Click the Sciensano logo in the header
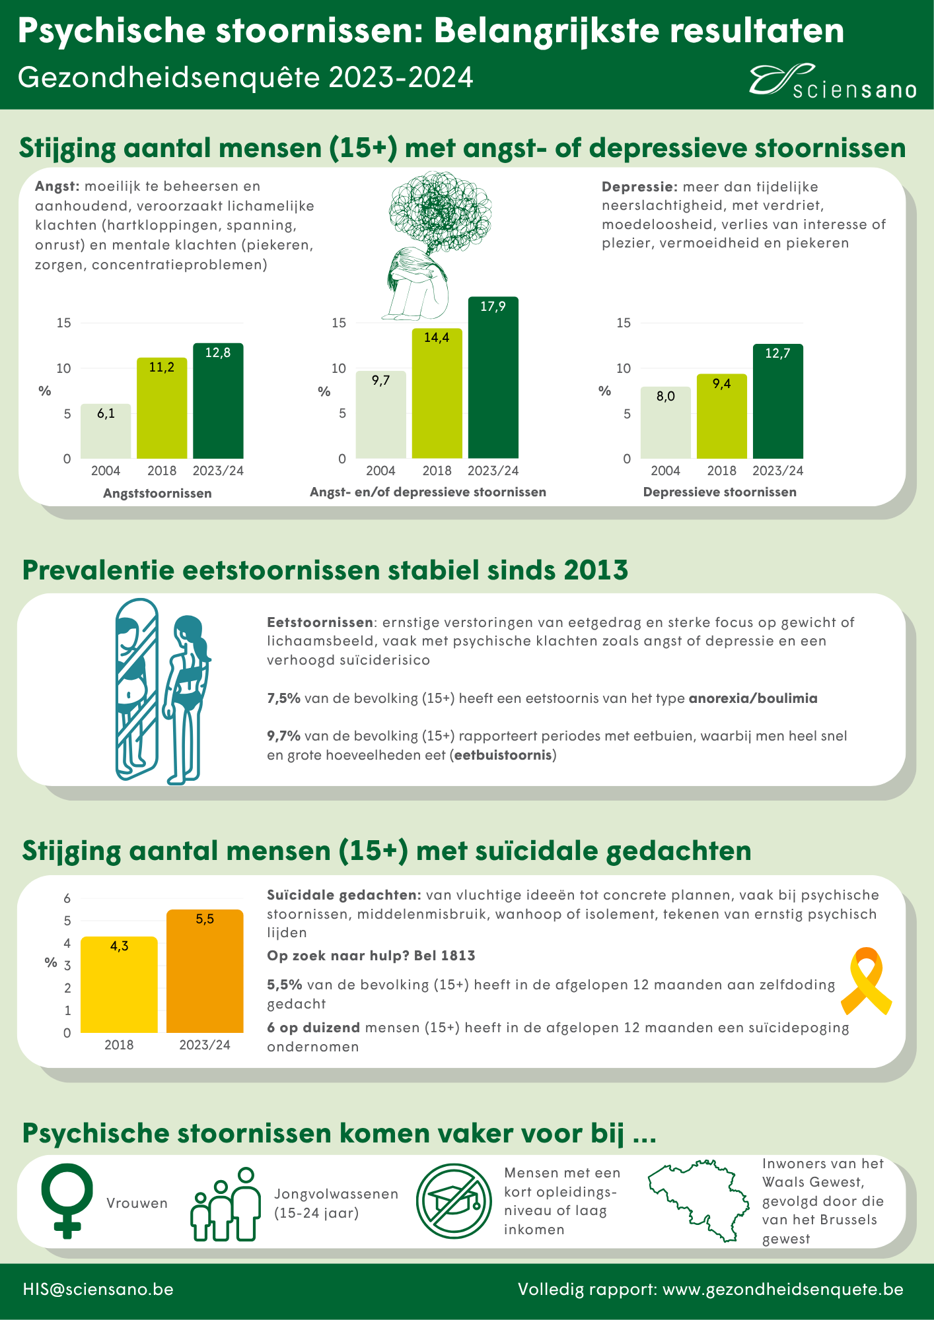832,82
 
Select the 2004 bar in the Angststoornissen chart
106,431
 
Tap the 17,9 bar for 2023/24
493,378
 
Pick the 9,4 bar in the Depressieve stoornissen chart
722,416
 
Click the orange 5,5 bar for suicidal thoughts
205,971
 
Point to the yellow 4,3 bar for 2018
119,985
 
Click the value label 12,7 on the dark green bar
778,354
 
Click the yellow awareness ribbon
866,981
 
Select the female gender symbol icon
67,1201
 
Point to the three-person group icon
225,1204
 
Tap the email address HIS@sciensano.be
98,1289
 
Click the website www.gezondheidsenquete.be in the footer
783,1289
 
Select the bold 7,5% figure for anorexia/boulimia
284,698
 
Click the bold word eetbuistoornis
503,754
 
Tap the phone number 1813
458,956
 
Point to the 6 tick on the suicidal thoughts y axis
67,898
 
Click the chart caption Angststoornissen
157,493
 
